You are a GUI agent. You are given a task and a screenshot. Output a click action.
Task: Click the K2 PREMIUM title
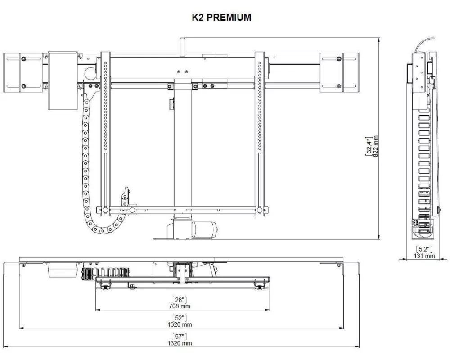click(221, 18)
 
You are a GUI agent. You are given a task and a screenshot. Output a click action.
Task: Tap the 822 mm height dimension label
click(376, 146)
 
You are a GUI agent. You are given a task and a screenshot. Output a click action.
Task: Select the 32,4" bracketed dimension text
click(369, 146)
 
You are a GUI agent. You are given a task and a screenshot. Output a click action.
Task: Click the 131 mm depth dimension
click(424, 256)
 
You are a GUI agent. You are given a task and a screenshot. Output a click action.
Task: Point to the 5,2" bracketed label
click(424, 249)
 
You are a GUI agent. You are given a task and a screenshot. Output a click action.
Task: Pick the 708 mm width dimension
click(180, 306)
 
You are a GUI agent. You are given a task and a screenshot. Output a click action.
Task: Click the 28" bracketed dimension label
click(180, 300)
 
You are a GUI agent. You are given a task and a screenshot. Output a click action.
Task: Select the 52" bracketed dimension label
click(180, 318)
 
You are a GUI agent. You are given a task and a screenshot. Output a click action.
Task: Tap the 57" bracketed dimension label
click(180, 337)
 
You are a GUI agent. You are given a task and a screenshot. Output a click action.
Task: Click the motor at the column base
click(204, 229)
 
